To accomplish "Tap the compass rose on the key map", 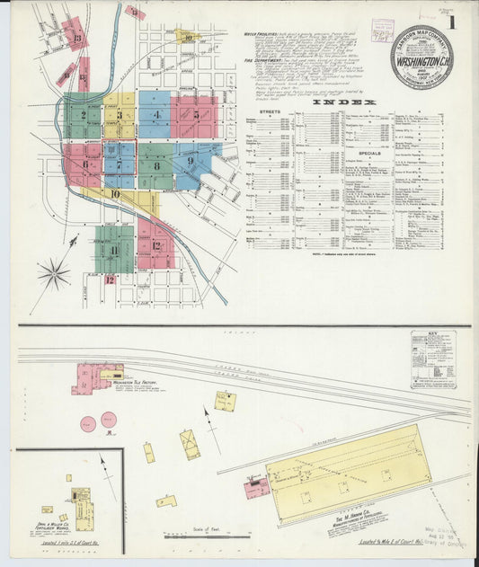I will pyautogui.click(x=54, y=273).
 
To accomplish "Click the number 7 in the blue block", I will pyautogui.click(x=119, y=164).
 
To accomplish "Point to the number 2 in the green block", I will pyautogui.click(x=84, y=115).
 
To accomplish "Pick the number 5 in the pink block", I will pyautogui.click(x=195, y=115).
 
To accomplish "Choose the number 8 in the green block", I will pyautogui.click(x=156, y=165).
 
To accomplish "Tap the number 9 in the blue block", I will pyautogui.click(x=191, y=162).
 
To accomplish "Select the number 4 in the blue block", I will pyautogui.click(x=156, y=115).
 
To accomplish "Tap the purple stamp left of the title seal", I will pyautogui.click(x=383, y=31).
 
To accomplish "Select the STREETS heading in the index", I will pyautogui.click(x=270, y=112).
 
